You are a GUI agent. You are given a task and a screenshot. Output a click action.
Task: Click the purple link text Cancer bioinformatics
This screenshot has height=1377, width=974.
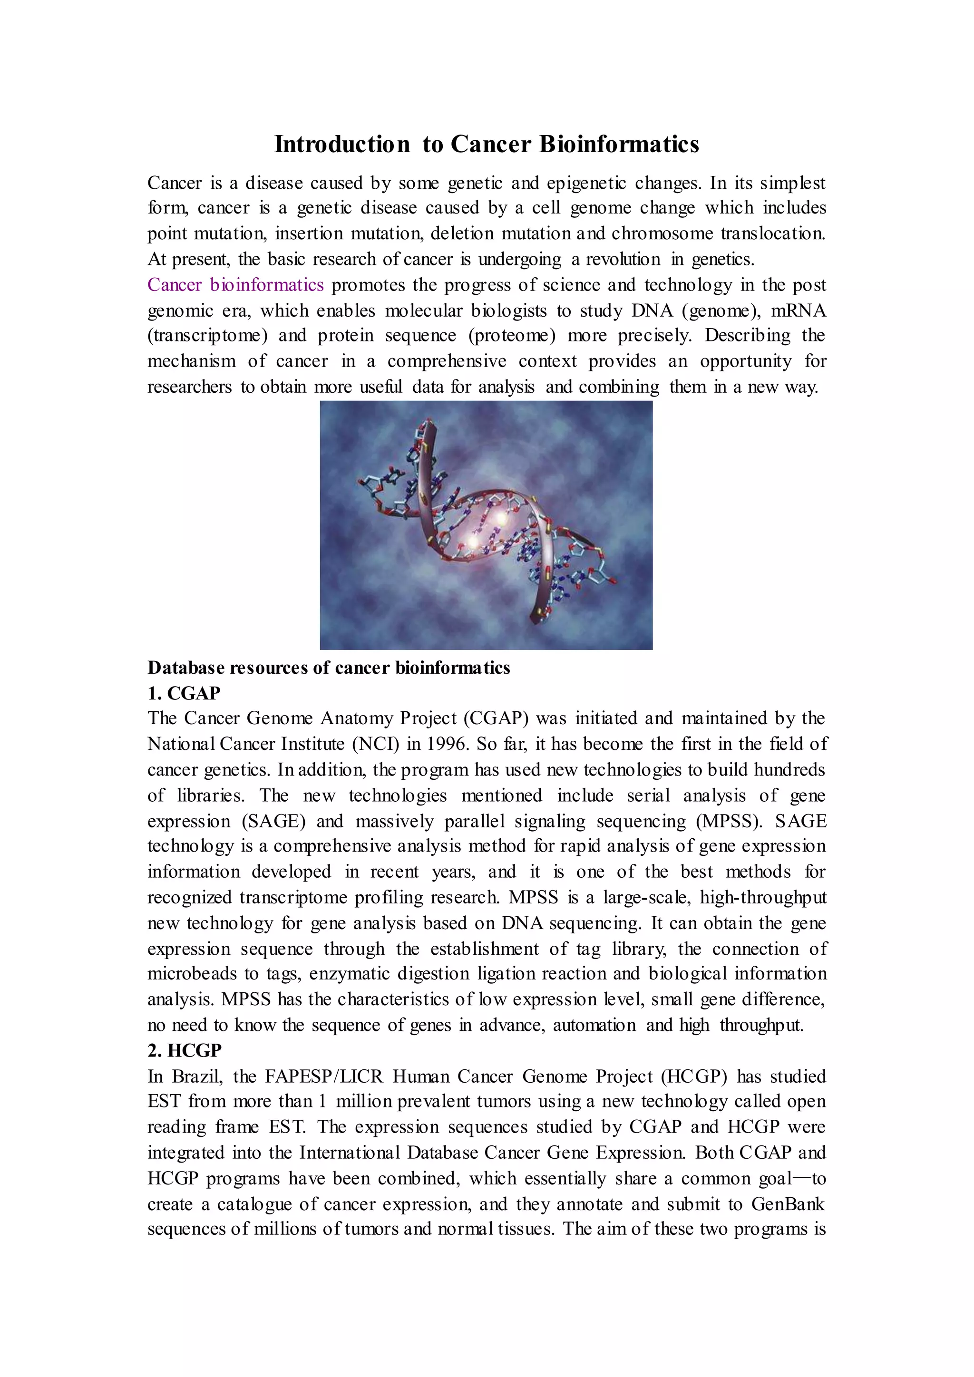pos(236,285)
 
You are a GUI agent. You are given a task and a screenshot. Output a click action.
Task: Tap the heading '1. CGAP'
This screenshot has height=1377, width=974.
pos(184,693)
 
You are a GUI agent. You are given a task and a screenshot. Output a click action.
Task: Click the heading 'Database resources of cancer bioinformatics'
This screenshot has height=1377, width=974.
pos(329,668)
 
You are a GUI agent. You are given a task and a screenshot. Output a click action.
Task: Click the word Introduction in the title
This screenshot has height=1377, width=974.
pos(342,145)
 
